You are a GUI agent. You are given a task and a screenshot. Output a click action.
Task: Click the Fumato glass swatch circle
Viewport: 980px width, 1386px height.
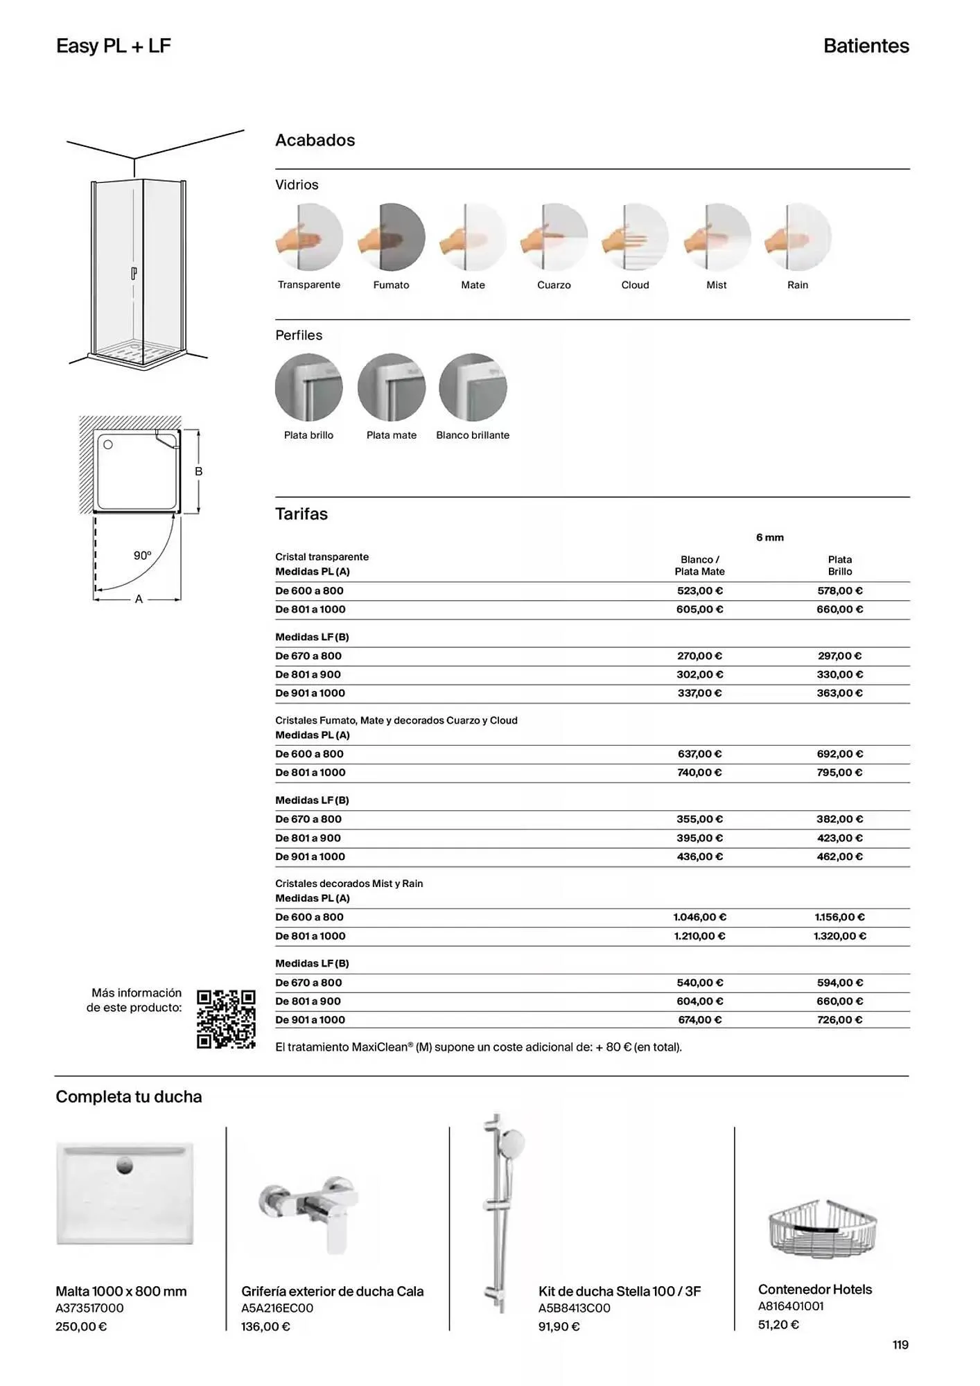tap(391, 237)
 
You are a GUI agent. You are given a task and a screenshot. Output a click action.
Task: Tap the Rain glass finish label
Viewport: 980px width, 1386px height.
tap(798, 285)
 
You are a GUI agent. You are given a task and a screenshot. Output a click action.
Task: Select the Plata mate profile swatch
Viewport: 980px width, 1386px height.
tap(391, 387)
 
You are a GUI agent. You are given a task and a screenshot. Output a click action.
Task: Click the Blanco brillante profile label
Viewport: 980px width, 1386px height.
tap(473, 435)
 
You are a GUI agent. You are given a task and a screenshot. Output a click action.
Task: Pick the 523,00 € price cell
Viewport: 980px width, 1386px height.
tap(699, 591)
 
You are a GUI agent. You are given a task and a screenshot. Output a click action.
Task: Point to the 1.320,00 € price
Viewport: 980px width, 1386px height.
tap(839, 936)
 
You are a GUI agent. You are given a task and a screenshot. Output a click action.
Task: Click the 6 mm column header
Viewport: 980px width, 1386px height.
tap(769, 538)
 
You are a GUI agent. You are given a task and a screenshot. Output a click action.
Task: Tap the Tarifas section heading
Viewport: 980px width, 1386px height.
tap(301, 514)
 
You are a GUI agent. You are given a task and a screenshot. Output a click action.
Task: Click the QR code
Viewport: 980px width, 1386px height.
tap(226, 1019)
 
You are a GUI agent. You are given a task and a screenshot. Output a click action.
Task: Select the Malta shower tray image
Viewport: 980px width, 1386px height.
tap(125, 1193)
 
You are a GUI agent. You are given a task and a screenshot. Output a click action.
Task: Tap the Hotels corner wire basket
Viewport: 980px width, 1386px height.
tap(823, 1228)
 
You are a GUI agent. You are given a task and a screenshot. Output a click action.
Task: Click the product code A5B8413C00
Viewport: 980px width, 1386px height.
tap(574, 1308)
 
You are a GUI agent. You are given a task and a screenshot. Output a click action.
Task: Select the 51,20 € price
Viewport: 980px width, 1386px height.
tap(778, 1325)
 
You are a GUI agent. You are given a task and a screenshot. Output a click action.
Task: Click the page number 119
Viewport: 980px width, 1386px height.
tap(900, 1345)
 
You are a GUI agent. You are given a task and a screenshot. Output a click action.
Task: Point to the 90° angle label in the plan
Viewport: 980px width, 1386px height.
tap(142, 556)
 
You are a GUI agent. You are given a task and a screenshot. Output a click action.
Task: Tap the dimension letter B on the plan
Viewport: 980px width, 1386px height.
tap(199, 471)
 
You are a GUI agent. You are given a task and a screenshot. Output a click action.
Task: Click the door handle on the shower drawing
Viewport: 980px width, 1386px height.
tap(134, 274)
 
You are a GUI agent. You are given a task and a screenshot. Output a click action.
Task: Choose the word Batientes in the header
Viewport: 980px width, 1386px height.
tap(866, 46)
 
